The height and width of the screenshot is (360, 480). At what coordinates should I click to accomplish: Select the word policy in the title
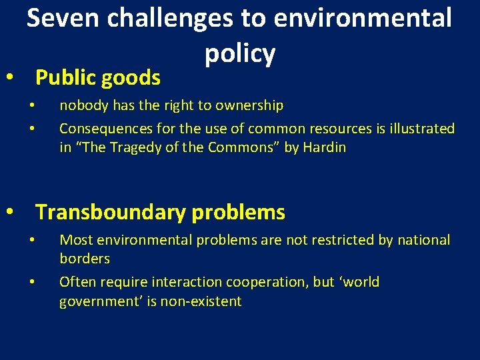pyautogui.click(x=240, y=53)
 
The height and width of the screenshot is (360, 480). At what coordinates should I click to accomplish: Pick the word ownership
pyautogui.click(x=250, y=105)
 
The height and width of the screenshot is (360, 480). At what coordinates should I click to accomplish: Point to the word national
pyautogui.click(x=423, y=240)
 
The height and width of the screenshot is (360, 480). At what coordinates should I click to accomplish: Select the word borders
pyautogui.click(x=85, y=259)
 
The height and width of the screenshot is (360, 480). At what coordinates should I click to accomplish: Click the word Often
pyautogui.click(x=76, y=282)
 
